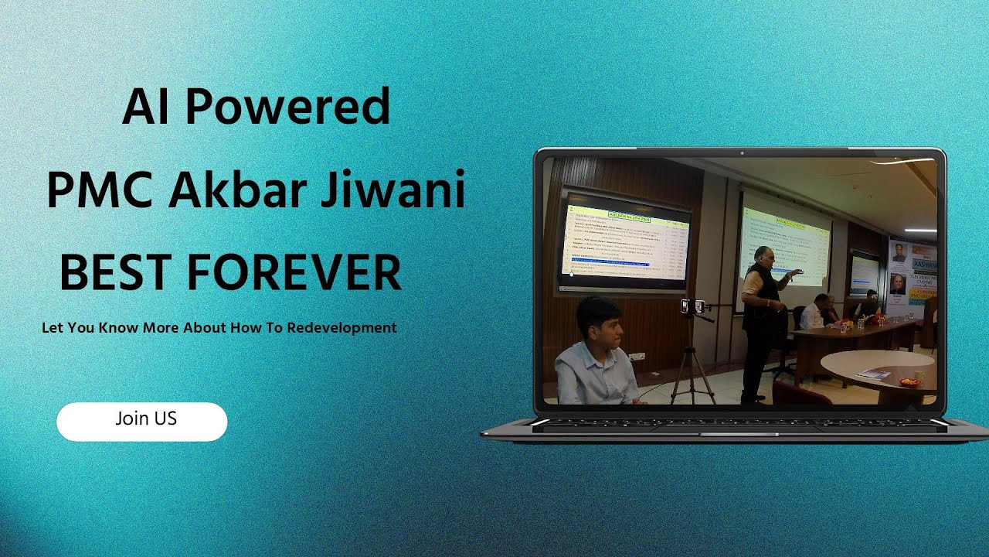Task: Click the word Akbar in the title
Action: coord(239,190)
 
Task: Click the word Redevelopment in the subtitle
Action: coord(342,327)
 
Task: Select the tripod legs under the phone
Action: coord(692,371)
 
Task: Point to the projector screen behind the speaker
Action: coord(784,240)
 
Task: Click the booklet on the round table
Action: coord(873,374)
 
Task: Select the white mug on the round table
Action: coord(918,377)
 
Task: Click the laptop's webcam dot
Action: coord(739,152)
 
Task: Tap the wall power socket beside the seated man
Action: coord(636,357)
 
